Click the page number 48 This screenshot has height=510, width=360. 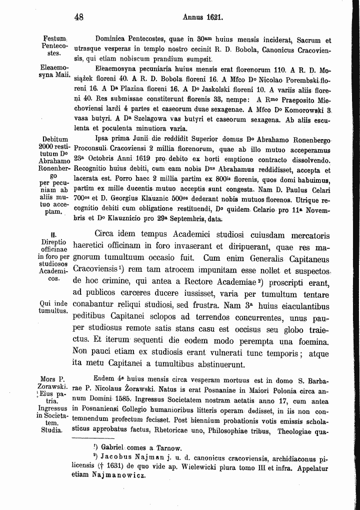click(x=78, y=17)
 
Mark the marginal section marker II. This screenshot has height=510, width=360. click(x=53, y=233)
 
